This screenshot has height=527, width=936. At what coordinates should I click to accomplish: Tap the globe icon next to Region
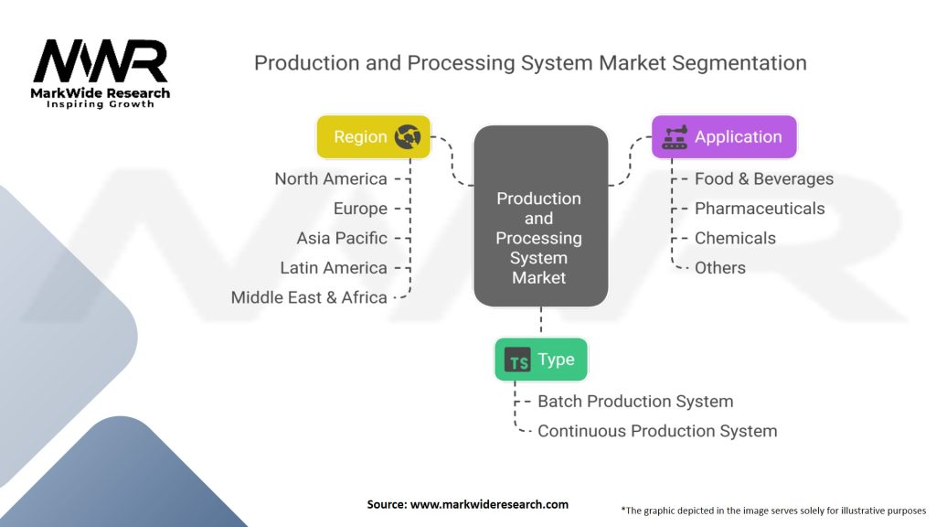pos(408,137)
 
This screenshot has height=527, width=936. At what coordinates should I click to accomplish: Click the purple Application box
pos(723,137)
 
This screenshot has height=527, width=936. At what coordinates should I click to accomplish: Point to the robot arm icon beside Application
pos(675,137)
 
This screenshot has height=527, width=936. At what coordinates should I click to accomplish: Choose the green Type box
pos(540,360)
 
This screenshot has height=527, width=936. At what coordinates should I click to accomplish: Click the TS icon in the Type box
pos(518,360)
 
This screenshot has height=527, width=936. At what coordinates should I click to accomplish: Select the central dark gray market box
pos(539,217)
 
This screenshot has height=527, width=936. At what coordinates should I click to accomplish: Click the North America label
pos(331,178)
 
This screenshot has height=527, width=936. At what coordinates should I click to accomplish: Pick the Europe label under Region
pos(360,209)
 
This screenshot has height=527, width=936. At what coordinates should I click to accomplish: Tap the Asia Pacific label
pos(342,238)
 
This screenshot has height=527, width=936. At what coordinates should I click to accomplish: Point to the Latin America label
pos(334,268)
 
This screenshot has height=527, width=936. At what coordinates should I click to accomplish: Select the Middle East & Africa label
pos(309,297)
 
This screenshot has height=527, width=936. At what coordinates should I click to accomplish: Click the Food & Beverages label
pos(763,178)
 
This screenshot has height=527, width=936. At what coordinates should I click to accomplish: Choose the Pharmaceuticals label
pos(759,209)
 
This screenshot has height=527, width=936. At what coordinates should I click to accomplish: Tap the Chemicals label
pos(735,238)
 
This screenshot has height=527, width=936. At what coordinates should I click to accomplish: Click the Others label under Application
pos(719,268)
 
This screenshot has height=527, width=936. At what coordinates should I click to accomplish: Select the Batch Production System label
pos(634,401)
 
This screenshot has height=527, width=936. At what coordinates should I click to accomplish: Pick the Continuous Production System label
pos(656,431)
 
